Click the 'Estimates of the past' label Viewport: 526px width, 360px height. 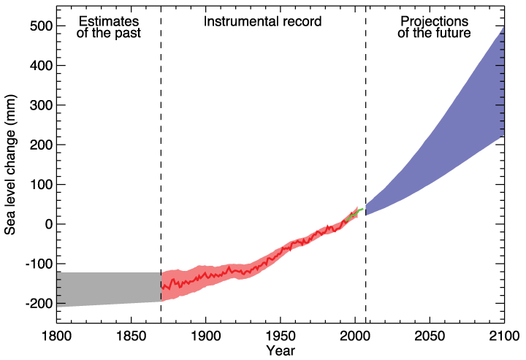pos(107,27)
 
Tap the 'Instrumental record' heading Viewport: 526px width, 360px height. pos(262,21)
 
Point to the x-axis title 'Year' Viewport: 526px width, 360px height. pos(281,351)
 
